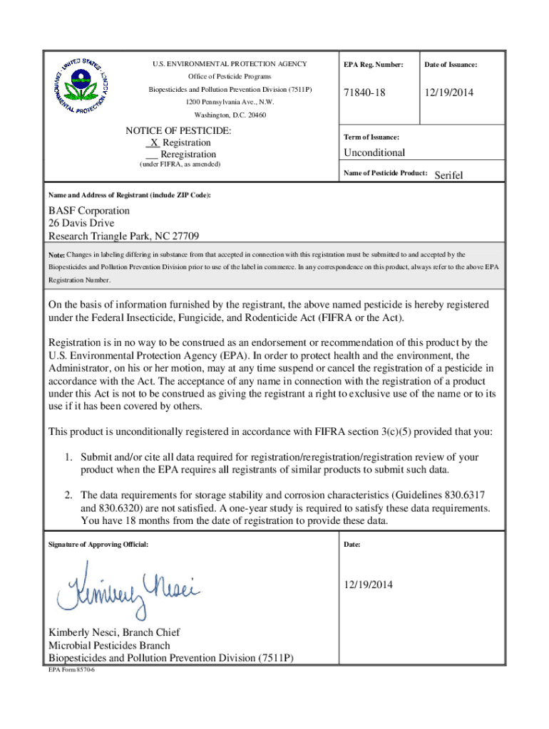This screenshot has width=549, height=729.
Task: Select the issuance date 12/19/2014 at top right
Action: (449, 93)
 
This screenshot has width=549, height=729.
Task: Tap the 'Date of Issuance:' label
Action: (451, 65)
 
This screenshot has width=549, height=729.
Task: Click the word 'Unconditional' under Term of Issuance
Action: (374, 152)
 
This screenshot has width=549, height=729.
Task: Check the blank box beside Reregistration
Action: (151, 154)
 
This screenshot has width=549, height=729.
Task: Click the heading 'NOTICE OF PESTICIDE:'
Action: (178, 131)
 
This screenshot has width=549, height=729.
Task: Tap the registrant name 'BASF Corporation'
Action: (89, 211)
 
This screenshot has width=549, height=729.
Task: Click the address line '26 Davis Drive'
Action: (81, 224)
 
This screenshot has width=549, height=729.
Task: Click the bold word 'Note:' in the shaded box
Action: (56, 255)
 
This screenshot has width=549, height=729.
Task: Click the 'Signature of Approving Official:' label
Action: (98, 544)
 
